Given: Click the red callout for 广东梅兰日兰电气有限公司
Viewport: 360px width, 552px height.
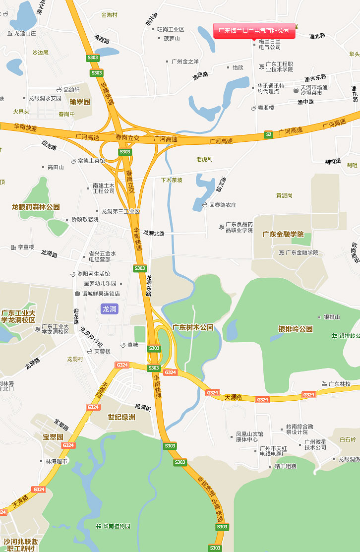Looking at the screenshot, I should coord(254,31).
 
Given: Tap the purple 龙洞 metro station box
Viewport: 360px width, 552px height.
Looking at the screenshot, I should coord(109,309).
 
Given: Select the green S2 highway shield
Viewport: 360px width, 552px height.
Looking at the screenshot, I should coord(268,134).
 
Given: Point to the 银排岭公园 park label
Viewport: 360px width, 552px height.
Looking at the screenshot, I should coord(296,329).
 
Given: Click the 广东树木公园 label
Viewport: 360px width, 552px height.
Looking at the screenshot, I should coord(193,327).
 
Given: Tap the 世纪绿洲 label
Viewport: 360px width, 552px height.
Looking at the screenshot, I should coord(121,417).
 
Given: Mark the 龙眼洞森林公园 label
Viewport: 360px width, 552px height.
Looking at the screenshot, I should coord(36,206).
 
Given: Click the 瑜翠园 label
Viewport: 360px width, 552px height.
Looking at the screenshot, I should coord(80,102).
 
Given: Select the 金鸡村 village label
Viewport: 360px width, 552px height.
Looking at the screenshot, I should coord(109,15).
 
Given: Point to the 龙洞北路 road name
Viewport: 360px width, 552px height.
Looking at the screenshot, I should coord(154,233).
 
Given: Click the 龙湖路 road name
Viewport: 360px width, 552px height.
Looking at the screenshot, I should coord(49,254).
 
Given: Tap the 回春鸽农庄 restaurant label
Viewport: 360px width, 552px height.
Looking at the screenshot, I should coord(222,205).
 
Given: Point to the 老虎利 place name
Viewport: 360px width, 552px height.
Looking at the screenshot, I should coord(204,159).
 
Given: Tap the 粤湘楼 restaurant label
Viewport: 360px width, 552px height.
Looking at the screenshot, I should coord(265,108).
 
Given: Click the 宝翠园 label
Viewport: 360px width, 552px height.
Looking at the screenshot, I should coord(53,437).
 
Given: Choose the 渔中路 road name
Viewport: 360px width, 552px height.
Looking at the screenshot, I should coord(305,102).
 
